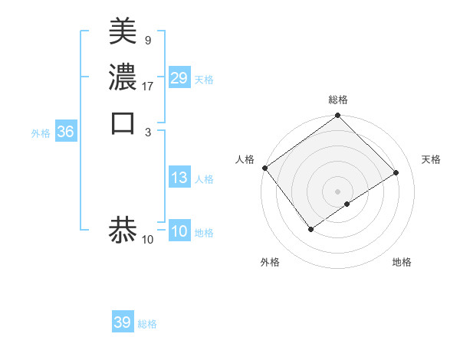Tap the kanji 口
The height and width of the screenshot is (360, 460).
point(123,123)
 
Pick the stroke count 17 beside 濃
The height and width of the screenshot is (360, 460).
point(147,87)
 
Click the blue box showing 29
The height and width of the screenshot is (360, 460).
point(179,78)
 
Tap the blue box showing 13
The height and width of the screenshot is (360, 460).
point(179,178)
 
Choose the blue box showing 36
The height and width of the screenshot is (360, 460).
point(65,132)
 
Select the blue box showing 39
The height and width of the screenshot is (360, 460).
point(122,322)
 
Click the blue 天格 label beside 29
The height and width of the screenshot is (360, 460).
point(204,80)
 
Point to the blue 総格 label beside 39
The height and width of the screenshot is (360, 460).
point(147,324)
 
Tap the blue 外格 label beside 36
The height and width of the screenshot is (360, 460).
point(41,133)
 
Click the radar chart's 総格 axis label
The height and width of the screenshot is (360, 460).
point(337,100)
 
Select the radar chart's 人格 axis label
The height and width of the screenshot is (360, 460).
point(245,159)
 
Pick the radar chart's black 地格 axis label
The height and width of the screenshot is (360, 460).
point(402,262)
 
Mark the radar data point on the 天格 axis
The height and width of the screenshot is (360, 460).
point(396,172)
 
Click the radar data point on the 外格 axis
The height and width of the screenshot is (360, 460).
point(310,228)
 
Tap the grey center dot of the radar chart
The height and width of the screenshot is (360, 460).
point(337,191)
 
